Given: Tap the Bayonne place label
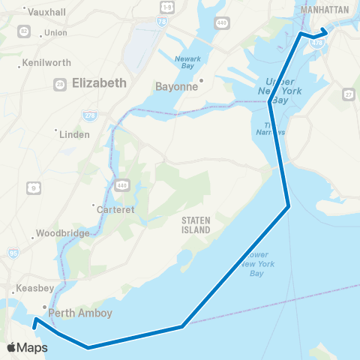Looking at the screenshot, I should coord(175,86).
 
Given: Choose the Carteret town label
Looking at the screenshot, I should coord(116,210).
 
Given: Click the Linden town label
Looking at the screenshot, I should coord(76,135).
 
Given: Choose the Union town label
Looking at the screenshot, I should coord(55,33).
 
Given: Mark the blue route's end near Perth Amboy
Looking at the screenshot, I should coord(34,327).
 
